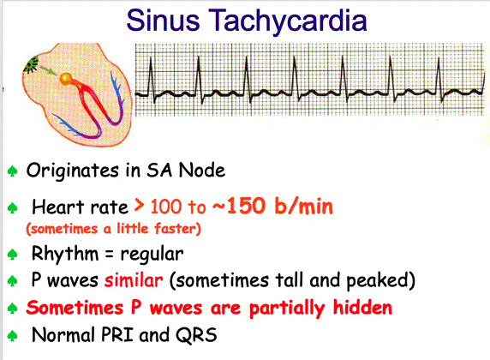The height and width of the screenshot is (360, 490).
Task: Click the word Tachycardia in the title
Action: coord(288,21)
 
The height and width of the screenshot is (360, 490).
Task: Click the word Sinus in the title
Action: coord(163,20)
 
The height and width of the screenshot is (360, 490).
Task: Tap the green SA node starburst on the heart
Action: coord(31,64)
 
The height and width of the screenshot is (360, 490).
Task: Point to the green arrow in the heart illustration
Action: coord(49,70)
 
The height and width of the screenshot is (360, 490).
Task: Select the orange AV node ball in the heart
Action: coord(67,79)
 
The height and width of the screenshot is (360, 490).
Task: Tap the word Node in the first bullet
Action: coord(202,171)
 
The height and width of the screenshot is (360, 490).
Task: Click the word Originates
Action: coord(73,171)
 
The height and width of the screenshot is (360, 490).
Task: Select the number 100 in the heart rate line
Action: coord(165,207)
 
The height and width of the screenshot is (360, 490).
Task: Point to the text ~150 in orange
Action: coord(239,206)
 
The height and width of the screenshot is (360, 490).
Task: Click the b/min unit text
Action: coord(303,206)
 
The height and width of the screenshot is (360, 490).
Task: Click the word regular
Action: coord(152,255)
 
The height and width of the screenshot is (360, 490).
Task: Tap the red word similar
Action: coord(134,280)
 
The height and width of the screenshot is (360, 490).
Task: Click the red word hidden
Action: coord(362,308)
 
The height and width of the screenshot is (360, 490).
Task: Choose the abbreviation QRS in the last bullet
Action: coord(196,335)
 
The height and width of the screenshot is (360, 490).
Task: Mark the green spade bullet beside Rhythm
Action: coord(12,254)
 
